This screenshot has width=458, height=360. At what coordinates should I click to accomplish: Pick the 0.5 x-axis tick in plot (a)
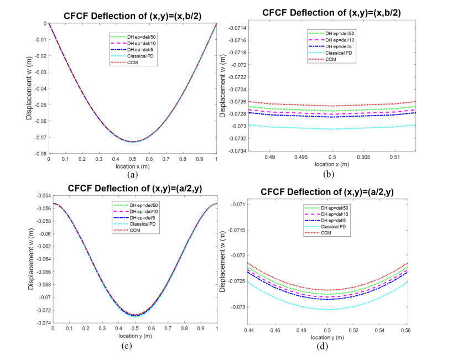(133, 159)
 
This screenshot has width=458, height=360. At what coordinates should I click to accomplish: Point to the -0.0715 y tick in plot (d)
(233, 229)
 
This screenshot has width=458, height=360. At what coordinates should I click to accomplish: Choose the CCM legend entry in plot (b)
(331, 59)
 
